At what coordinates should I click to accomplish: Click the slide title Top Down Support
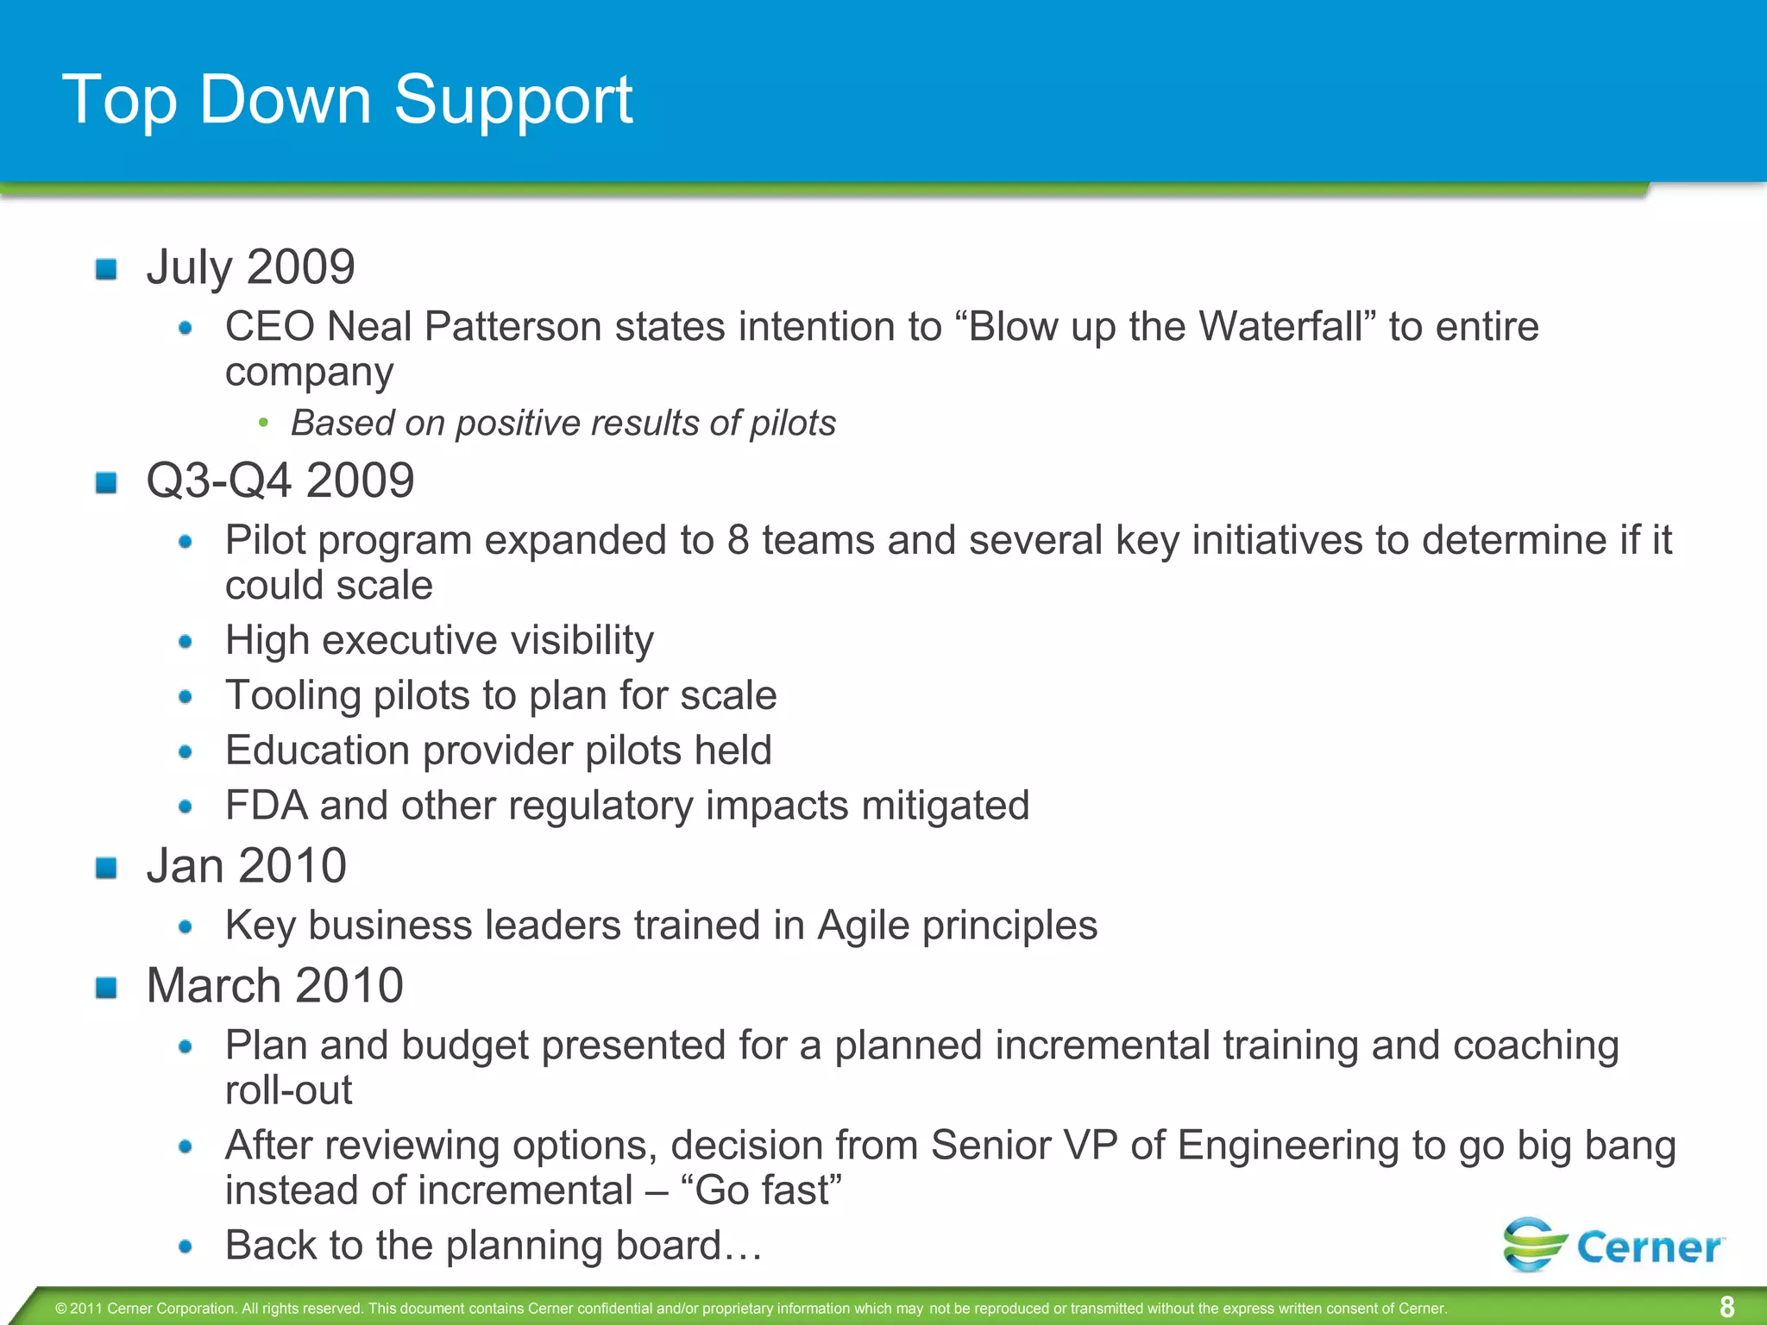[347, 100]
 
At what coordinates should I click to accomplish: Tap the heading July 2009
[250, 267]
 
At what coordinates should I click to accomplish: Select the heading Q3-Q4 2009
[280, 480]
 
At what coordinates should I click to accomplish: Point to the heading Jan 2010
[246, 865]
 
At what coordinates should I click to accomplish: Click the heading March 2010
[274, 985]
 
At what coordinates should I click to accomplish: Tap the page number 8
[1726, 1307]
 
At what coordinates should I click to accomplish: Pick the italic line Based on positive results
[563, 424]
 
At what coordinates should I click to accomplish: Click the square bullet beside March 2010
[106, 988]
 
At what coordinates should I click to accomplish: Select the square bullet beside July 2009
[106, 269]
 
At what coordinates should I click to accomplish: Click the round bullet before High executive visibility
[186, 642]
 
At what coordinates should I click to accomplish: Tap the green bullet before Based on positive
[264, 424]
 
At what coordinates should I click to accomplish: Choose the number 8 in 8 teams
[738, 541]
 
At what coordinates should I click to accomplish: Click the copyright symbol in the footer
[60, 1309]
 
